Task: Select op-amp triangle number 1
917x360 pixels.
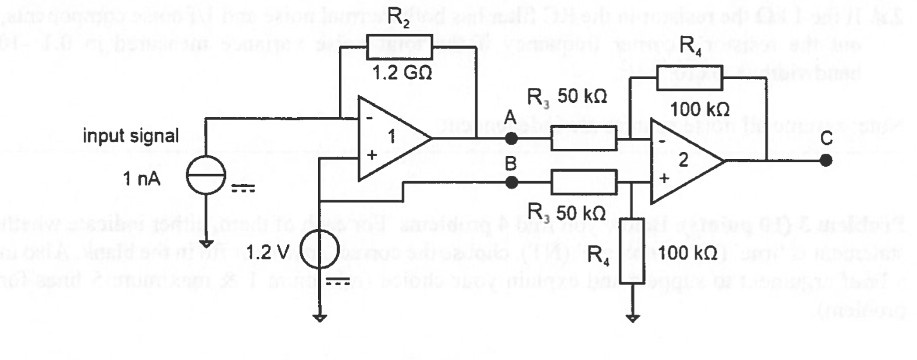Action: (392, 139)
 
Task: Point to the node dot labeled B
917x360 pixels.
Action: (511, 182)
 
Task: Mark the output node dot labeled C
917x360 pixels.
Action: (826, 160)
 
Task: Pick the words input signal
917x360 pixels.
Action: (131, 136)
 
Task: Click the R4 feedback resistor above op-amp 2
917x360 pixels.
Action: (690, 76)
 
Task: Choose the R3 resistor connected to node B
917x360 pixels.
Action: (583, 182)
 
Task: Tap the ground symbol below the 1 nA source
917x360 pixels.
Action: (206, 243)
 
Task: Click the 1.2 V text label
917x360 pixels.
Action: (263, 251)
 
